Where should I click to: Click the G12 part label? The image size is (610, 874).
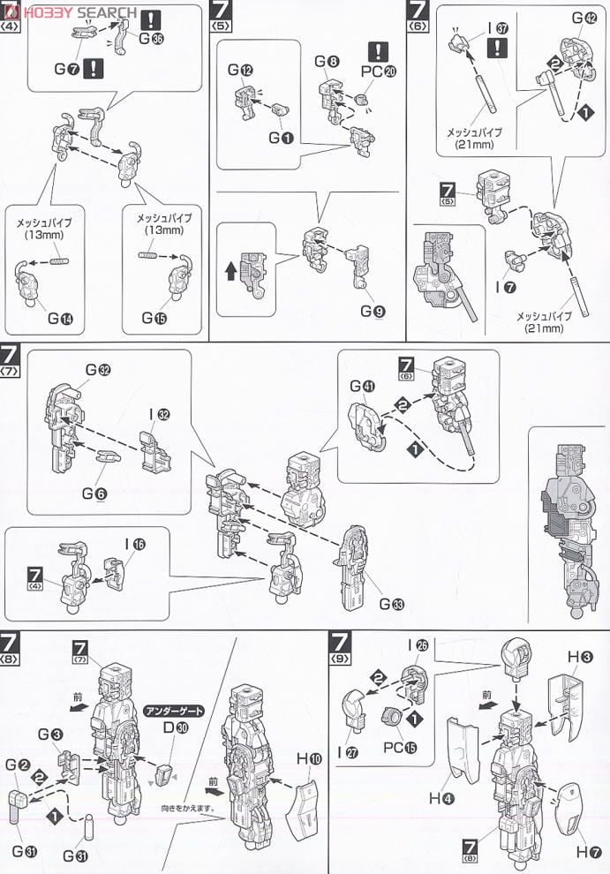pos(239,70)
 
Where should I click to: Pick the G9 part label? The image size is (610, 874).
pos(372,312)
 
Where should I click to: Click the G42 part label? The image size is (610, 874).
pos(584,18)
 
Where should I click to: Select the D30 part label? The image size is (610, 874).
pos(169,727)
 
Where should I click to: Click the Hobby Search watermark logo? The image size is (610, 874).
pos(71,11)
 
